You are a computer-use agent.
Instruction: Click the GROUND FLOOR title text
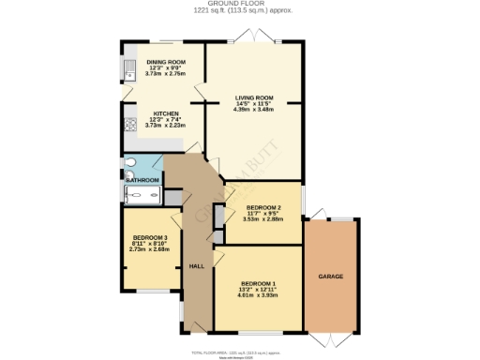(239, 5)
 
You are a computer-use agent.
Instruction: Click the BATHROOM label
(142, 178)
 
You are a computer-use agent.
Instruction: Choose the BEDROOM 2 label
(262, 207)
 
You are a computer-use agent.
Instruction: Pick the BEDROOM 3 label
(150, 237)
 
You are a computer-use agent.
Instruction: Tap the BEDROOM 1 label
(258, 283)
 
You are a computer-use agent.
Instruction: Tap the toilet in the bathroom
(129, 162)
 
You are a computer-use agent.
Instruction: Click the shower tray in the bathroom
(142, 194)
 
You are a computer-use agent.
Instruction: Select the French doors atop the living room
(253, 37)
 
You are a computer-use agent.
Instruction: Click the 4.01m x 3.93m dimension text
(258, 296)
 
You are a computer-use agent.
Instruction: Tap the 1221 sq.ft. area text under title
(239, 12)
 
